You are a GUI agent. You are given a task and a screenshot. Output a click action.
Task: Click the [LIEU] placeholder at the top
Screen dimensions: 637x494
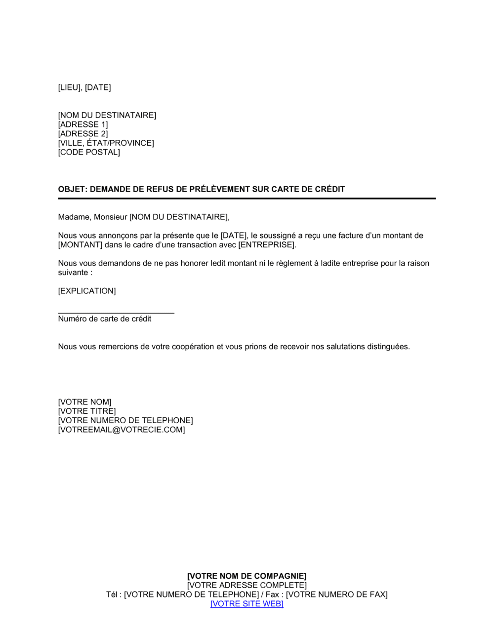tap(69, 87)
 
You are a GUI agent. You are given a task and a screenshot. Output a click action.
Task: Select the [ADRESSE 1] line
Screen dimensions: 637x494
tap(82, 124)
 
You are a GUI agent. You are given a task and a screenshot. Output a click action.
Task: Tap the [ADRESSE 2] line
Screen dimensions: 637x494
tap(82, 134)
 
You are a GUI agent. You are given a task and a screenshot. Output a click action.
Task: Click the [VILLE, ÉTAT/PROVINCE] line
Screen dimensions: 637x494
tap(106, 143)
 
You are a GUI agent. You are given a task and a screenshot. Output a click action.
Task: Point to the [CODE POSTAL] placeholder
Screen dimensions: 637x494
tap(89, 152)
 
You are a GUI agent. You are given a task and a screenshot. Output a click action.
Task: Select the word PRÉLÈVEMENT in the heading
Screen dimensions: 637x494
tap(220, 189)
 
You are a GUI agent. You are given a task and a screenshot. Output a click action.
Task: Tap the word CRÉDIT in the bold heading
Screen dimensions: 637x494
tap(329, 189)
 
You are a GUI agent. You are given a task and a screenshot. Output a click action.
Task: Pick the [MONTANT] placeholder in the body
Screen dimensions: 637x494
tap(80, 245)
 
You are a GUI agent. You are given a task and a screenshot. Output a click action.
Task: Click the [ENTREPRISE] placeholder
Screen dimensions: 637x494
tap(267, 245)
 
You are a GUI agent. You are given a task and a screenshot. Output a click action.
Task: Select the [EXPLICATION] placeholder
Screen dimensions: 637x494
tap(87, 291)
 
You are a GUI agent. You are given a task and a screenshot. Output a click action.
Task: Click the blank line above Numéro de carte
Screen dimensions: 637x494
tap(116, 311)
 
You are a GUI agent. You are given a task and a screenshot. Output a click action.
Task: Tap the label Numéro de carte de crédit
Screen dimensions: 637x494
tap(105, 319)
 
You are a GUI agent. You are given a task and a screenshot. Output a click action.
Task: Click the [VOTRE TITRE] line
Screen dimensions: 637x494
tap(87, 411)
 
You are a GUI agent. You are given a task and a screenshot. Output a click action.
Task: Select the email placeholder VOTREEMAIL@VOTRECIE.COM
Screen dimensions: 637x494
tap(122, 430)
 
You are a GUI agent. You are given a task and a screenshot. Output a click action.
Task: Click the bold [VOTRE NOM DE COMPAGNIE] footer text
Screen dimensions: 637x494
tap(247, 576)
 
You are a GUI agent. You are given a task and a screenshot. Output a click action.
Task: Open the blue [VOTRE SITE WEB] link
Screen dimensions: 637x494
tap(247, 604)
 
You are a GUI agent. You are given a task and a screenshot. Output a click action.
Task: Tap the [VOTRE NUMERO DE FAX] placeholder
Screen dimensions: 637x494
tap(336, 595)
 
